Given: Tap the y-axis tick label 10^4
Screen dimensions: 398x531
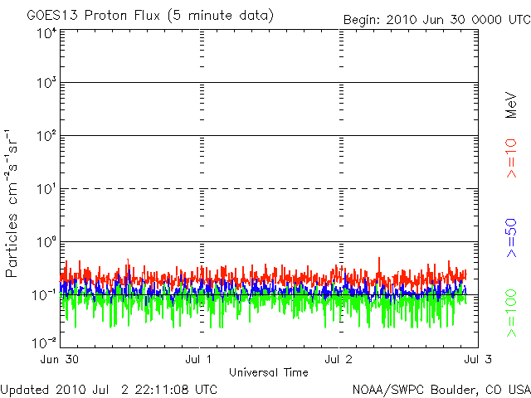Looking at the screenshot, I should point(45,33).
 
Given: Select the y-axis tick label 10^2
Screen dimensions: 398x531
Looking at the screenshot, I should point(45,138).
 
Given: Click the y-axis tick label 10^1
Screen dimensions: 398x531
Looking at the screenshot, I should point(45,191).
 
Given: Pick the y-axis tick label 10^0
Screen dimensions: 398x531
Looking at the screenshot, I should point(45,244).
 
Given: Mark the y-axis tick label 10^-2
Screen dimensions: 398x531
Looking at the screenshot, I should point(43,342).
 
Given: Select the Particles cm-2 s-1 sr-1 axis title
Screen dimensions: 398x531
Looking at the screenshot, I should point(14,202).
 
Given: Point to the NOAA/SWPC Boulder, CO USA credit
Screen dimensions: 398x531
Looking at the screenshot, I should point(441,389).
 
